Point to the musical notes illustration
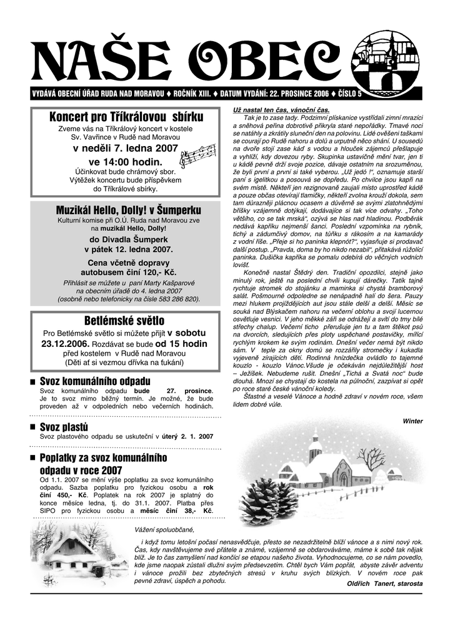(197, 155)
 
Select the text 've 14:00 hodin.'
(126, 162)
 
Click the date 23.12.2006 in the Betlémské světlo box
(66, 343)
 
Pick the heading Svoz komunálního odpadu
(95, 381)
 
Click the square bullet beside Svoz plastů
(32, 427)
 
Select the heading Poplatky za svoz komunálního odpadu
(103, 464)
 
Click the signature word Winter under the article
(412, 421)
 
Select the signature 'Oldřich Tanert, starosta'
(384, 583)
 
